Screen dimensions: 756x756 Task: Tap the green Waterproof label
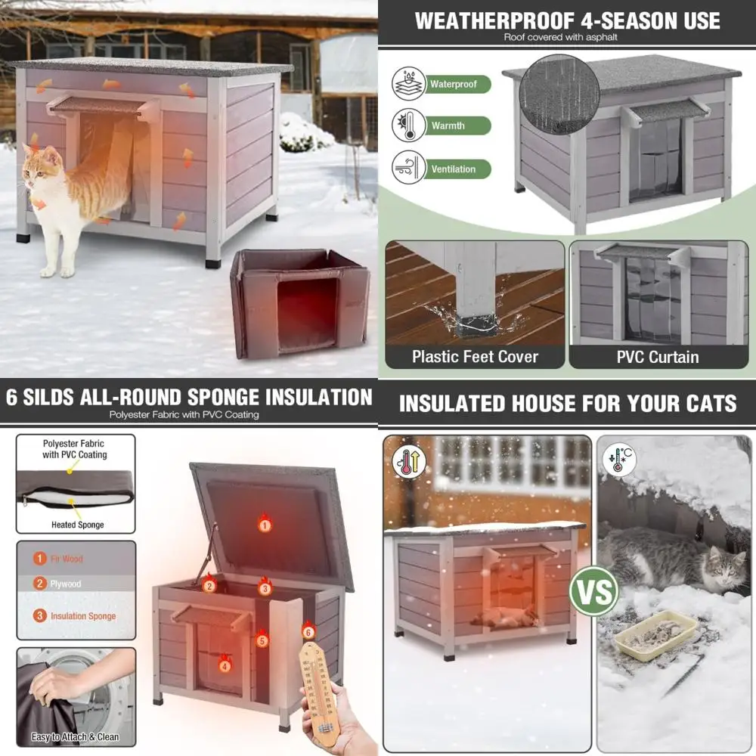(x=454, y=84)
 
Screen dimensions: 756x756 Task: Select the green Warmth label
(x=448, y=125)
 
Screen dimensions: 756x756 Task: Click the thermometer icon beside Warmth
(x=407, y=125)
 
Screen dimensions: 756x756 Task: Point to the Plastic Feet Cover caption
(x=475, y=356)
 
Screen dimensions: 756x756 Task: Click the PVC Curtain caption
(x=658, y=356)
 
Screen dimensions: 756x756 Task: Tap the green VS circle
(x=594, y=590)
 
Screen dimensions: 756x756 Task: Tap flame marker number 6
(x=308, y=629)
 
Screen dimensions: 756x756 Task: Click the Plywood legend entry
(x=67, y=584)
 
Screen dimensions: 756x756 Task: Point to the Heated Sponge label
(x=77, y=525)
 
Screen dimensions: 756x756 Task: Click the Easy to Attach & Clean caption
(x=75, y=737)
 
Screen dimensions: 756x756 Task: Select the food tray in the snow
(x=655, y=635)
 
